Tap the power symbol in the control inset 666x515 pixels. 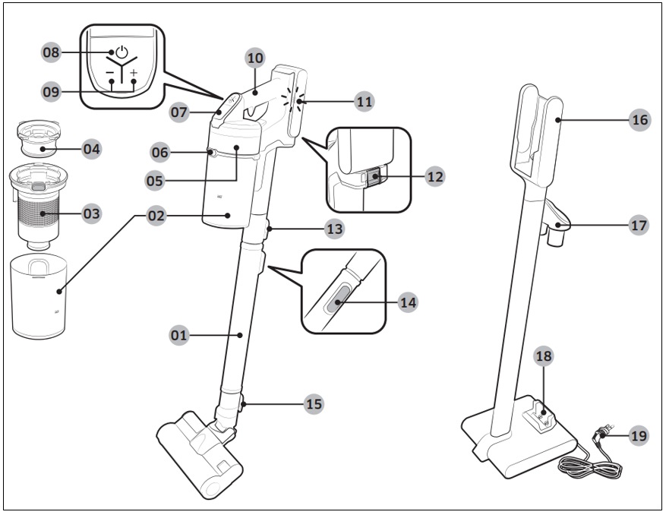coord(122,53)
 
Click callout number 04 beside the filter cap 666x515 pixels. coord(91,149)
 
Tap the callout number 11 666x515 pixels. coord(365,100)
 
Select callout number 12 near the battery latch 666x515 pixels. coord(434,176)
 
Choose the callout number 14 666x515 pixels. coord(407,302)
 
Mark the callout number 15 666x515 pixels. coord(313,404)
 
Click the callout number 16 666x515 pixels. coord(639,119)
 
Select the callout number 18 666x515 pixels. coord(543,355)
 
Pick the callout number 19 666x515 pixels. coord(639,436)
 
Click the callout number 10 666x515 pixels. coord(254,57)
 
